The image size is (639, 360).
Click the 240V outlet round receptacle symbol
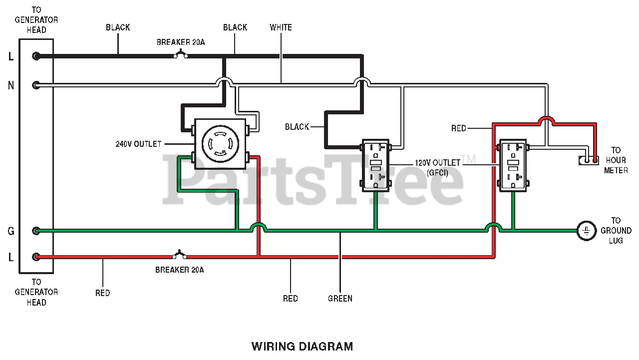point(220,144)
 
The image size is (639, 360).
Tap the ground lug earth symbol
point(586,231)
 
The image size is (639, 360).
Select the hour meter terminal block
point(589,160)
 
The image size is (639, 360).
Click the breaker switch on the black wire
point(180,54)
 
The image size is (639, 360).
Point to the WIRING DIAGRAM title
point(302,346)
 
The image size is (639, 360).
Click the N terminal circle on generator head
point(36,85)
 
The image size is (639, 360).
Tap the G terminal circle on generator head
point(36,231)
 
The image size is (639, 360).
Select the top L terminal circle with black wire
point(36,56)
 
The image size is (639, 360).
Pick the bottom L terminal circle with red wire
point(36,257)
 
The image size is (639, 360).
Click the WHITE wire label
point(281,27)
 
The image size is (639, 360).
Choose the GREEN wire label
point(340,299)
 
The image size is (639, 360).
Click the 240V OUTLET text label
point(139,144)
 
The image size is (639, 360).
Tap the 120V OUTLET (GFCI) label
point(438,168)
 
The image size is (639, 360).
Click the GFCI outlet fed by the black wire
point(375,165)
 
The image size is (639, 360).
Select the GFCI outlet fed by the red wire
point(513,165)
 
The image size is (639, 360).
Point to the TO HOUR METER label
point(616,160)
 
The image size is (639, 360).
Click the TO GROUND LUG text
point(616,230)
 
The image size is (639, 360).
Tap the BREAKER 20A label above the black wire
point(180,42)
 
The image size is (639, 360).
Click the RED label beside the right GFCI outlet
point(458,128)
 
